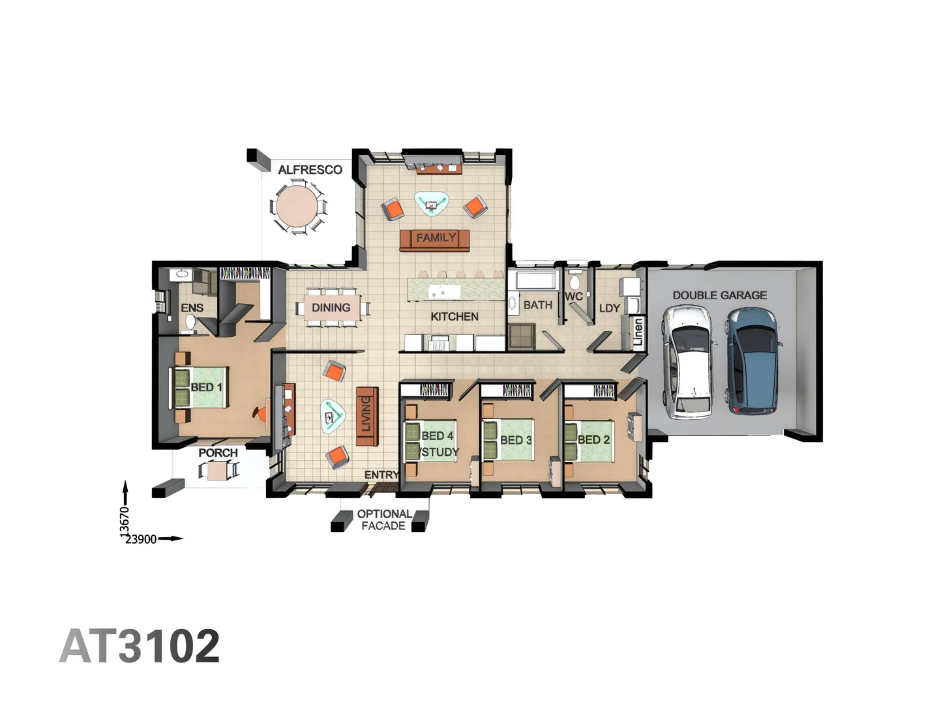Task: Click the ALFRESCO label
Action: point(310,170)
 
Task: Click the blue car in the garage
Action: point(754,360)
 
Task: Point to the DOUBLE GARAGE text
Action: point(719,295)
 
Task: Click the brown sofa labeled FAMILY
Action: point(434,239)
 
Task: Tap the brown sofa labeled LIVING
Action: point(366,416)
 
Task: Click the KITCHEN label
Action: point(455,317)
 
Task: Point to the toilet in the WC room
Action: point(574,282)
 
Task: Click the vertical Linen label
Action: point(638,332)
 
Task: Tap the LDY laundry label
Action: point(609,308)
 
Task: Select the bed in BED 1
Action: point(199,388)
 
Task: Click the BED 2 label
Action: point(593,440)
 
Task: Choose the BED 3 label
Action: point(516,441)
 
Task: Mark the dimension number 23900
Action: point(141,539)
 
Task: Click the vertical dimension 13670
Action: point(125,521)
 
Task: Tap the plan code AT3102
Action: point(140,646)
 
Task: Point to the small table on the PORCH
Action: point(218,470)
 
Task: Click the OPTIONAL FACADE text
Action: point(383,520)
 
